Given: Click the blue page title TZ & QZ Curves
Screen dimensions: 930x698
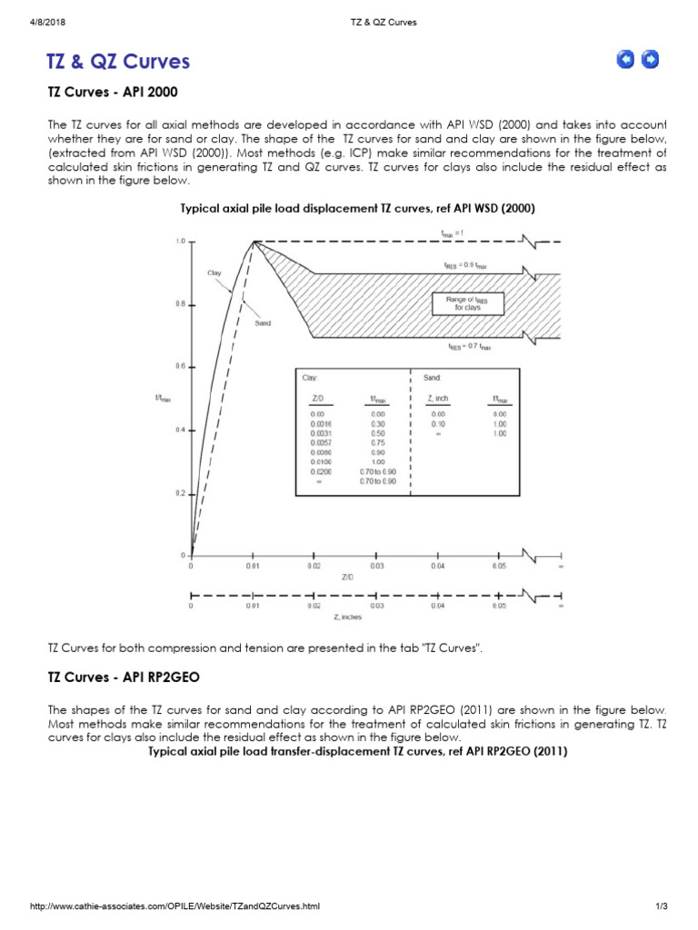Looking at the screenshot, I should pyautogui.click(x=118, y=61).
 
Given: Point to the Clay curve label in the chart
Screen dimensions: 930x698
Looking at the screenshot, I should pyautogui.click(x=214, y=272).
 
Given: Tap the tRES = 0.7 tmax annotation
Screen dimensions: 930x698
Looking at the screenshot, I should pyautogui.click(x=468, y=347).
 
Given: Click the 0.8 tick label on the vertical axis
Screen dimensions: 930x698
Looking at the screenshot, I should pyautogui.click(x=180, y=305).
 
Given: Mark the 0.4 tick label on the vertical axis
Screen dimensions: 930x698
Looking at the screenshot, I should pyautogui.click(x=180, y=430).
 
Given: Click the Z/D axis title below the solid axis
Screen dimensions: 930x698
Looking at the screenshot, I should pyautogui.click(x=348, y=577).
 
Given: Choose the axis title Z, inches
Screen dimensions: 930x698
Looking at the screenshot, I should pyautogui.click(x=348, y=617).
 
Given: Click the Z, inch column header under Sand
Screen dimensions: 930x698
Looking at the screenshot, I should pyautogui.click(x=436, y=399).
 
